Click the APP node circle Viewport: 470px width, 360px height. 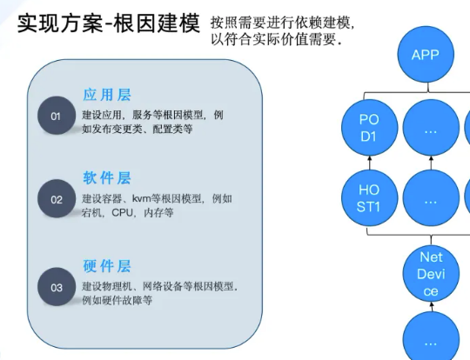[x=426, y=54]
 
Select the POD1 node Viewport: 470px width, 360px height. [x=369, y=127]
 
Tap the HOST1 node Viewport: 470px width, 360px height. [x=369, y=198]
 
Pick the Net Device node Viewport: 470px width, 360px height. [x=431, y=273]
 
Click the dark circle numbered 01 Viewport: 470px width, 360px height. [x=57, y=116]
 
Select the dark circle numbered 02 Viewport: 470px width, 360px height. [x=57, y=198]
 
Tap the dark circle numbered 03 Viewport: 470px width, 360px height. [x=57, y=287]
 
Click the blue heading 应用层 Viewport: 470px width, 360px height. [x=107, y=95]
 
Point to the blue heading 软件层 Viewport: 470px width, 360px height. [x=107, y=178]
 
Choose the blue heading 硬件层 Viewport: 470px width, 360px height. [x=107, y=266]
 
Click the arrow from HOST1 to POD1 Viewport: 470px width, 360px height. [x=369, y=163]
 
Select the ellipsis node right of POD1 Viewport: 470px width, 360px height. [x=431, y=127]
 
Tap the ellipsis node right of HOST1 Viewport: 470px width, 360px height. [x=431, y=198]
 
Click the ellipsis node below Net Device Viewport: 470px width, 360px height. [x=431, y=337]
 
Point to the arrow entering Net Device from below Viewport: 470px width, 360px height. [x=432, y=307]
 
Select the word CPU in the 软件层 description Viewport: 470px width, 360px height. [x=122, y=213]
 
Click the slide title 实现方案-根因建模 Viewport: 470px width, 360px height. [x=109, y=23]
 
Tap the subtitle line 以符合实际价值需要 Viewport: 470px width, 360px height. [x=276, y=39]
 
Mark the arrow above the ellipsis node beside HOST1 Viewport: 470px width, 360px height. [x=432, y=163]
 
